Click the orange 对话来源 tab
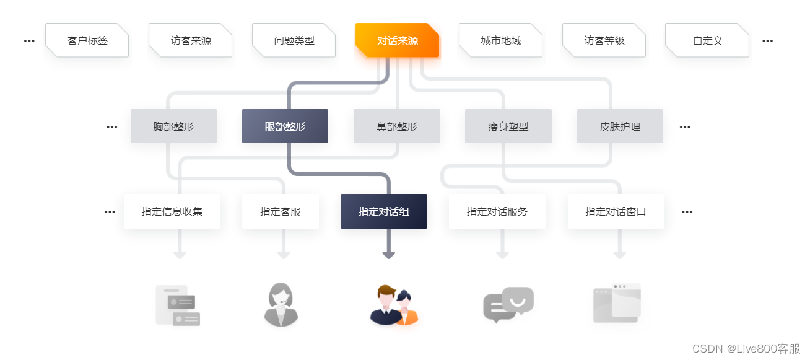pos(397,40)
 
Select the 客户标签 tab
pos(87,40)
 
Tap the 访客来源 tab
pos(190,40)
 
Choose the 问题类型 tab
pos(294,40)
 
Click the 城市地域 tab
pos(500,40)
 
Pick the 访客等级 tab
pos(604,40)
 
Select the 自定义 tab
pos(707,40)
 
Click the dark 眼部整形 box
pos(285,126)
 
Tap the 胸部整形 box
pos(173,126)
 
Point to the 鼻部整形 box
pos(396,126)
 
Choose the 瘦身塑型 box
pos(508,126)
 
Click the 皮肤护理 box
pos(620,126)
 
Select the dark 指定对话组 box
pos(383,211)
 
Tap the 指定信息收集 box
pos(172,211)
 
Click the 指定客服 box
pos(280,211)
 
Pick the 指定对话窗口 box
pos(616,211)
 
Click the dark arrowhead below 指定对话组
pos(389,255)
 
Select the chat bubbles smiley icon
pos(508,304)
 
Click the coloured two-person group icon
pos(394,305)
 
